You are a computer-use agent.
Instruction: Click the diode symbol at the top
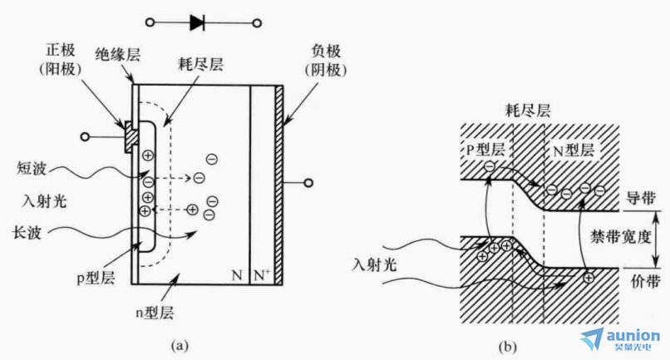[197, 22]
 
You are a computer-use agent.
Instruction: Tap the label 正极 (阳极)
[60, 60]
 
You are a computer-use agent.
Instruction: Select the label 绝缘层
[117, 55]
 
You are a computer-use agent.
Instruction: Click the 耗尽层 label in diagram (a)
[201, 65]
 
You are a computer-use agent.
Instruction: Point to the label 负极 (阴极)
[326, 61]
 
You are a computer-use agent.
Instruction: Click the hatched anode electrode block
[131, 136]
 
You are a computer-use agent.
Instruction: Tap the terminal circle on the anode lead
[85, 137]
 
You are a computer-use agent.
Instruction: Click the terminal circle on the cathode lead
[308, 183]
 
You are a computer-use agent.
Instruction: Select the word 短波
[32, 168]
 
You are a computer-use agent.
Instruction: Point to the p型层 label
[96, 279]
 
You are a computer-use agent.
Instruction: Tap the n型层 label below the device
[155, 313]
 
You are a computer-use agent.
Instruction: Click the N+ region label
[262, 275]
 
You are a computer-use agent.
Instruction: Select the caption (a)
[180, 345]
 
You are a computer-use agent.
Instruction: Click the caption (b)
[507, 347]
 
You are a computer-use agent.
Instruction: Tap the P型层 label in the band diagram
[485, 149]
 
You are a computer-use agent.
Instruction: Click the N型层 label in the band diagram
[574, 150]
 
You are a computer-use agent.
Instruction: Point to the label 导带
[641, 198]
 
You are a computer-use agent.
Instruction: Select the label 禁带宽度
[620, 236]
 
